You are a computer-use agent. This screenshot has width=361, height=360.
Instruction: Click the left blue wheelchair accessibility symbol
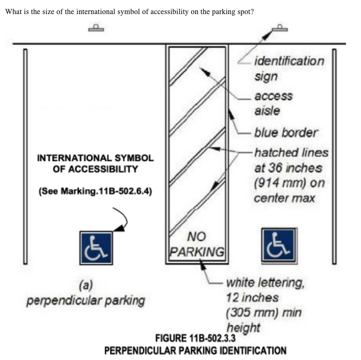(96, 247)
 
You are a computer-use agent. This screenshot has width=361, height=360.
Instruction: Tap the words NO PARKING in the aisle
(197, 244)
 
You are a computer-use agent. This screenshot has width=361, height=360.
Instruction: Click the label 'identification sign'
(288, 68)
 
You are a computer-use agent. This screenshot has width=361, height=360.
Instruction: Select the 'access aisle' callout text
(273, 103)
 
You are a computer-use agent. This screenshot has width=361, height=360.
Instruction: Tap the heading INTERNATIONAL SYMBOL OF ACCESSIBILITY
(95, 164)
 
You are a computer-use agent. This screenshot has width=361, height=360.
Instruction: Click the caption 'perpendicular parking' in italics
(85, 300)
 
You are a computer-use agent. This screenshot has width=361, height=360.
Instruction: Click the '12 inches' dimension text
(252, 298)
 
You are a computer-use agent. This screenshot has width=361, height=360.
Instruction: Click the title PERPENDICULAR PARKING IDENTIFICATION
(195, 350)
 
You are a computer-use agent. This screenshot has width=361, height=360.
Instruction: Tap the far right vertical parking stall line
(334, 155)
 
